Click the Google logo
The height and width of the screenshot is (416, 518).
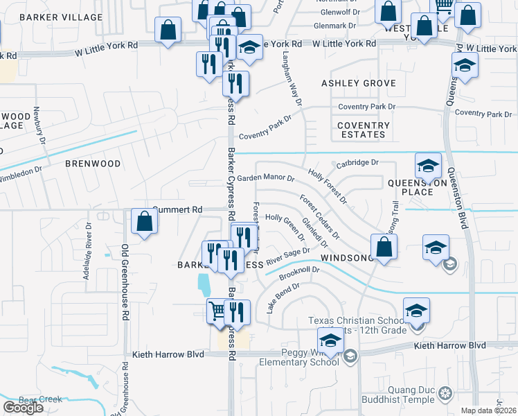23,408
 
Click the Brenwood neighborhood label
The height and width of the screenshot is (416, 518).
93,164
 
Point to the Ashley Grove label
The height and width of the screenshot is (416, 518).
359,83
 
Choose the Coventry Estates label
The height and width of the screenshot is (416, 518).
364,130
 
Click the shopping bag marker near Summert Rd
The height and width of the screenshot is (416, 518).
145,223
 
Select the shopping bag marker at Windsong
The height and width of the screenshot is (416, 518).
384,248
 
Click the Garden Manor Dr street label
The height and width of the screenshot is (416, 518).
266,178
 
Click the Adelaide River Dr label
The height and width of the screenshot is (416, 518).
88,250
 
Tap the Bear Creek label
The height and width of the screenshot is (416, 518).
40,399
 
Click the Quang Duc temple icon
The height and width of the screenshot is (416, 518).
445,394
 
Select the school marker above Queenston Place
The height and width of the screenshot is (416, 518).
429,166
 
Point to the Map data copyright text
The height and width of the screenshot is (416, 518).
489,410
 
